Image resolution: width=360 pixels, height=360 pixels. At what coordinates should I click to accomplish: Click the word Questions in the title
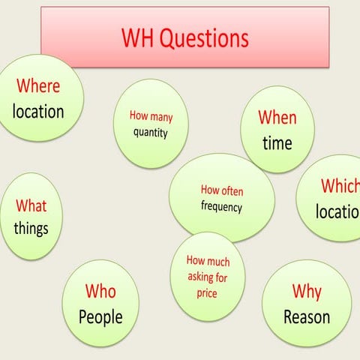click(x=203, y=38)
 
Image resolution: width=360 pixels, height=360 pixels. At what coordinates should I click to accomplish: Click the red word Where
click(x=38, y=86)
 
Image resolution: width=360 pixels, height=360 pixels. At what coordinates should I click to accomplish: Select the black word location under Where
click(x=38, y=112)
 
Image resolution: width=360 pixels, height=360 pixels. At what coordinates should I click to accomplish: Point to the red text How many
click(x=151, y=116)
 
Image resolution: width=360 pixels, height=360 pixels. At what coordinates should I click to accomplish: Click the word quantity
click(x=151, y=133)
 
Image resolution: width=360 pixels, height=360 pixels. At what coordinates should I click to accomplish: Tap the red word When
click(x=277, y=118)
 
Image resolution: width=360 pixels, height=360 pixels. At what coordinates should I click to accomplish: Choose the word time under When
click(x=277, y=143)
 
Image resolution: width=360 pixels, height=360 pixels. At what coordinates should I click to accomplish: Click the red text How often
click(x=222, y=190)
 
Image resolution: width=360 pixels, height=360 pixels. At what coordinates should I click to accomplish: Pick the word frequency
click(x=222, y=206)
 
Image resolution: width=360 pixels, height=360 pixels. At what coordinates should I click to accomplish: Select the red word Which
click(x=340, y=186)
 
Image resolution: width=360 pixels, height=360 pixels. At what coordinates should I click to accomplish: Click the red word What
click(x=31, y=205)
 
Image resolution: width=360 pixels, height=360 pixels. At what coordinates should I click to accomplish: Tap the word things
click(x=31, y=228)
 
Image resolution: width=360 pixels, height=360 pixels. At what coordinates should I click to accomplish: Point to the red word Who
click(x=100, y=291)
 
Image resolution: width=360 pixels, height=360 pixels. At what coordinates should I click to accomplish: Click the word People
click(x=100, y=316)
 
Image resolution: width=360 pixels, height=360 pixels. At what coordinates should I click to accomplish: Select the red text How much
click(x=208, y=262)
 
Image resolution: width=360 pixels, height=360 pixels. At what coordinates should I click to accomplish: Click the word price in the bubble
click(x=207, y=293)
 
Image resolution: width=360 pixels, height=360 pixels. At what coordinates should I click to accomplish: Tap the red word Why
click(x=307, y=291)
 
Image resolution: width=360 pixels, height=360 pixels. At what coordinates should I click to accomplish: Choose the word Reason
click(x=307, y=316)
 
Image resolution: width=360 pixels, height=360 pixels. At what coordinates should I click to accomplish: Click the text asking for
click(x=208, y=277)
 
